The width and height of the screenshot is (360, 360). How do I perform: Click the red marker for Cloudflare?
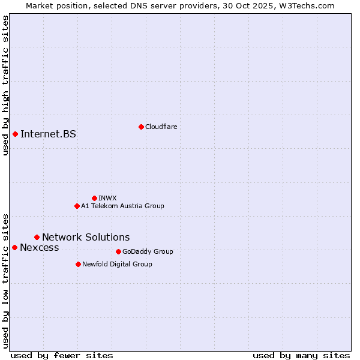point(141,127)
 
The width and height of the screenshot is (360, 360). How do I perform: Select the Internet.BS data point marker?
point(15,134)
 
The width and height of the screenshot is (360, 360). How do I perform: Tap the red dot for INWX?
point(94,198)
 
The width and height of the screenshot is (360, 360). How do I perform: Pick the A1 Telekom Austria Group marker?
point(77,206)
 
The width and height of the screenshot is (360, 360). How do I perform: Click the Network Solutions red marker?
point(37,237)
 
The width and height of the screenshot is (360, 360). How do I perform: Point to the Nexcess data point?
point(14,247)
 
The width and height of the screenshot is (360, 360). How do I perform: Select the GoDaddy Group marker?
point(118,251)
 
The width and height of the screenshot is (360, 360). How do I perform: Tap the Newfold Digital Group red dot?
point(78,264)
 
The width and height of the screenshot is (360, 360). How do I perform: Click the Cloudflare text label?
point(161,127)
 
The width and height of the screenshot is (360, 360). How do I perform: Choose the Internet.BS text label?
point(48,134)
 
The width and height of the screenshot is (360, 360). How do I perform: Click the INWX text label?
point(107,198)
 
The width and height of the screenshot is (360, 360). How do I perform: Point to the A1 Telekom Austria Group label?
point(122,206)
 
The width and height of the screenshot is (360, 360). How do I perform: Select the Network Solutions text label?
point(86,237)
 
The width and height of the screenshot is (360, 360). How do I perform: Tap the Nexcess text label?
point(40,247)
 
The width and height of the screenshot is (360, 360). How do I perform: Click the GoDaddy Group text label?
point(148,251)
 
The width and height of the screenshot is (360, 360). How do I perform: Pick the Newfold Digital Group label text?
point(117,264)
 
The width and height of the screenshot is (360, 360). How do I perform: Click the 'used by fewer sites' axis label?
point(62,355)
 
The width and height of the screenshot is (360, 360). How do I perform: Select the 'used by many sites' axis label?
point(301,355)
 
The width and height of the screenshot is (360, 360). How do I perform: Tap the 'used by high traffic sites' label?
point(5,85)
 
